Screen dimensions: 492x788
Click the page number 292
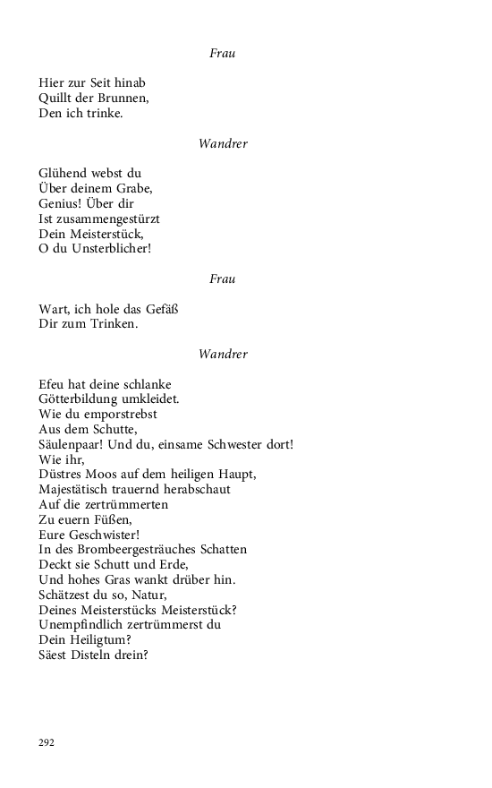[x=47, y=742]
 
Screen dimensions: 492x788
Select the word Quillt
[x=55, y=98]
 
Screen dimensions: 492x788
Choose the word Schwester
[x=232, y=445]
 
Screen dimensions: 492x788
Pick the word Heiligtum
[x=100, y=640]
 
